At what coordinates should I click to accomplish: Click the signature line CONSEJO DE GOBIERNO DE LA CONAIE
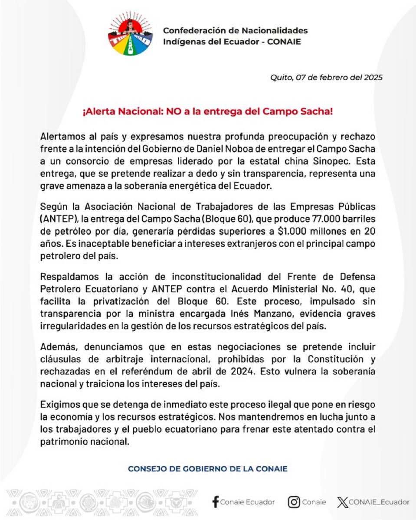[x=208, y=469]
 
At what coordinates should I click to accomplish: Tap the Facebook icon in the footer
[x=215, y=502]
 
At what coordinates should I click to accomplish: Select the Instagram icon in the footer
[x=294, y=502]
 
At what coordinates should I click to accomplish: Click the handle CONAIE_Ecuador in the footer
[x=379, y=502]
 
